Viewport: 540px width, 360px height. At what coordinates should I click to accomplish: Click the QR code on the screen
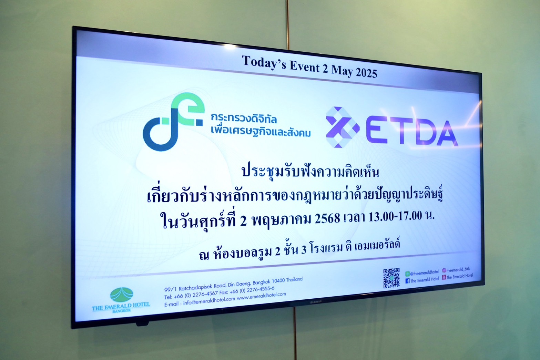[391, 278]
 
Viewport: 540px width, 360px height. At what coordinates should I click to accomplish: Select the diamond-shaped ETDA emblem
[342, 127]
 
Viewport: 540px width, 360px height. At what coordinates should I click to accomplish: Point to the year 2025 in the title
[366, 72]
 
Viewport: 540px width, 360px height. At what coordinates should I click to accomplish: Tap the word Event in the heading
[304, 67]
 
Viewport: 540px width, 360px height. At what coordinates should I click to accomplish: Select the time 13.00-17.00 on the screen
[395, 216]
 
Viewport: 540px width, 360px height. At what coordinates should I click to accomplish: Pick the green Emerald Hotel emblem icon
[122, 295]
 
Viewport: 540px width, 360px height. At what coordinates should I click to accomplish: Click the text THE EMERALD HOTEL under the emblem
[121, 306]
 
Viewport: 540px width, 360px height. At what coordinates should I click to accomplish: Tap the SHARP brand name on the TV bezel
[316, 302]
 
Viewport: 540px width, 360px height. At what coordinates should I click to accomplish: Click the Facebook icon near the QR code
[407, 281]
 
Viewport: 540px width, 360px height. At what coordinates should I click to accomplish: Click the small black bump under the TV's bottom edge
[142, 323]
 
